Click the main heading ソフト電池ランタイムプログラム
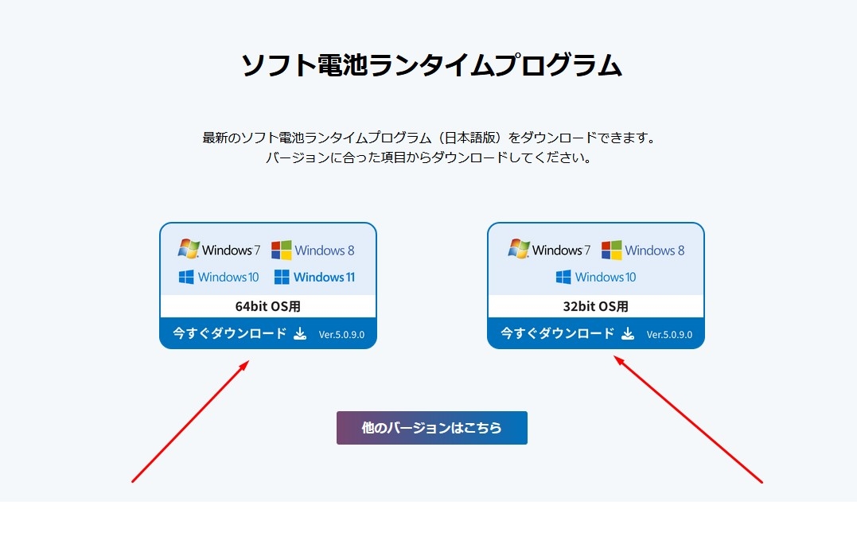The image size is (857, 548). (431, 65)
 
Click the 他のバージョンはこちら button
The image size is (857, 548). (432, 428)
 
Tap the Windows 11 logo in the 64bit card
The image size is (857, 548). (314, 277)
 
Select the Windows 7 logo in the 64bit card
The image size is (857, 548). (219, 249)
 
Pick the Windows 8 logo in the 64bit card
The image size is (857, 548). (313, 251)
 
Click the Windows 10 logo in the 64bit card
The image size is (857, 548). (219, 277)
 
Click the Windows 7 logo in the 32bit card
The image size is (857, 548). (549, 249)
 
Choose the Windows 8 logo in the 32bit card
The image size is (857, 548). (643, 251)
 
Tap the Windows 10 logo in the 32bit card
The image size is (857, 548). (596, 277)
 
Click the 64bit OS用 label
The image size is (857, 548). (268, 306)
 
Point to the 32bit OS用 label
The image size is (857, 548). (596, 306)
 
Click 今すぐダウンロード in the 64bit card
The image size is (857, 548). (229, 333)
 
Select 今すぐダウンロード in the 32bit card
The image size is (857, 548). (558, 333)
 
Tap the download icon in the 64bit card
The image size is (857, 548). (300, 333)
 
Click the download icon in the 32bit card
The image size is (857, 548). (628, 333)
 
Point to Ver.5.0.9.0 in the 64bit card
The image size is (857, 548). (341, 334)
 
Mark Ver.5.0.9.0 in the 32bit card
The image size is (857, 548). (669, 334)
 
